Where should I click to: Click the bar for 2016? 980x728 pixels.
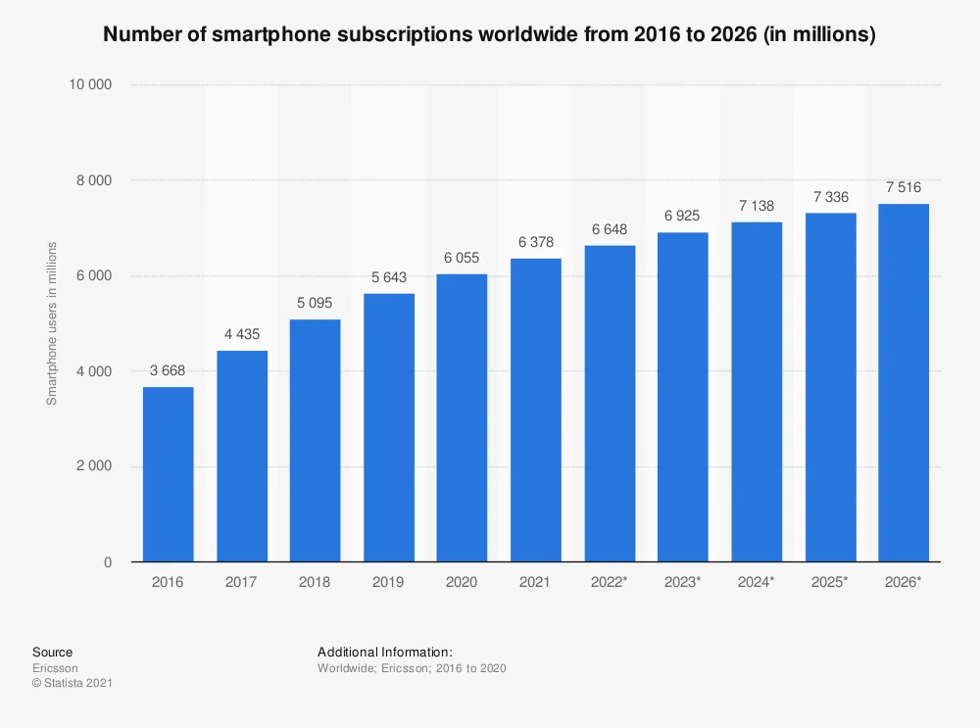[x=168, y=474]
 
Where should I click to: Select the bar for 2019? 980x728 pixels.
[x=388, y=427]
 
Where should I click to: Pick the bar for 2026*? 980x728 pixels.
[x=903, y=382]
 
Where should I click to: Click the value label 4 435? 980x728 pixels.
[x=241, y=334]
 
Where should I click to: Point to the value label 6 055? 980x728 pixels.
[x=462, y=257]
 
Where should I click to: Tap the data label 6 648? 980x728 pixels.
[x=609, y=228]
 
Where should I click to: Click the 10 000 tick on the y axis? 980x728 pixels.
[x=90, y=85]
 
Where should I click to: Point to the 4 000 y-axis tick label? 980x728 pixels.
[x=94, y=371]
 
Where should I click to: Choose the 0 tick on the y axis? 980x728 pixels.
[x=108, y=562]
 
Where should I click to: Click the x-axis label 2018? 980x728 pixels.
[x=315, y=582]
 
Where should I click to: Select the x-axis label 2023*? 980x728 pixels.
[x=682, y=582]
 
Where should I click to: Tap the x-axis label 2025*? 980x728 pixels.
[x=829, y=582]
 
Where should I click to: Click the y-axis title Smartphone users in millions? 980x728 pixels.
[x=53, y=323]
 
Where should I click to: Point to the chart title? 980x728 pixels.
[x=489, y=34]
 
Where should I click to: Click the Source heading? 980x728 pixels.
[x=52, y=652]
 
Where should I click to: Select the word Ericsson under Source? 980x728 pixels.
[x=55, y=667]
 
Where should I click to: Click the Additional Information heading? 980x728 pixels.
[x=384, y=652]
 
